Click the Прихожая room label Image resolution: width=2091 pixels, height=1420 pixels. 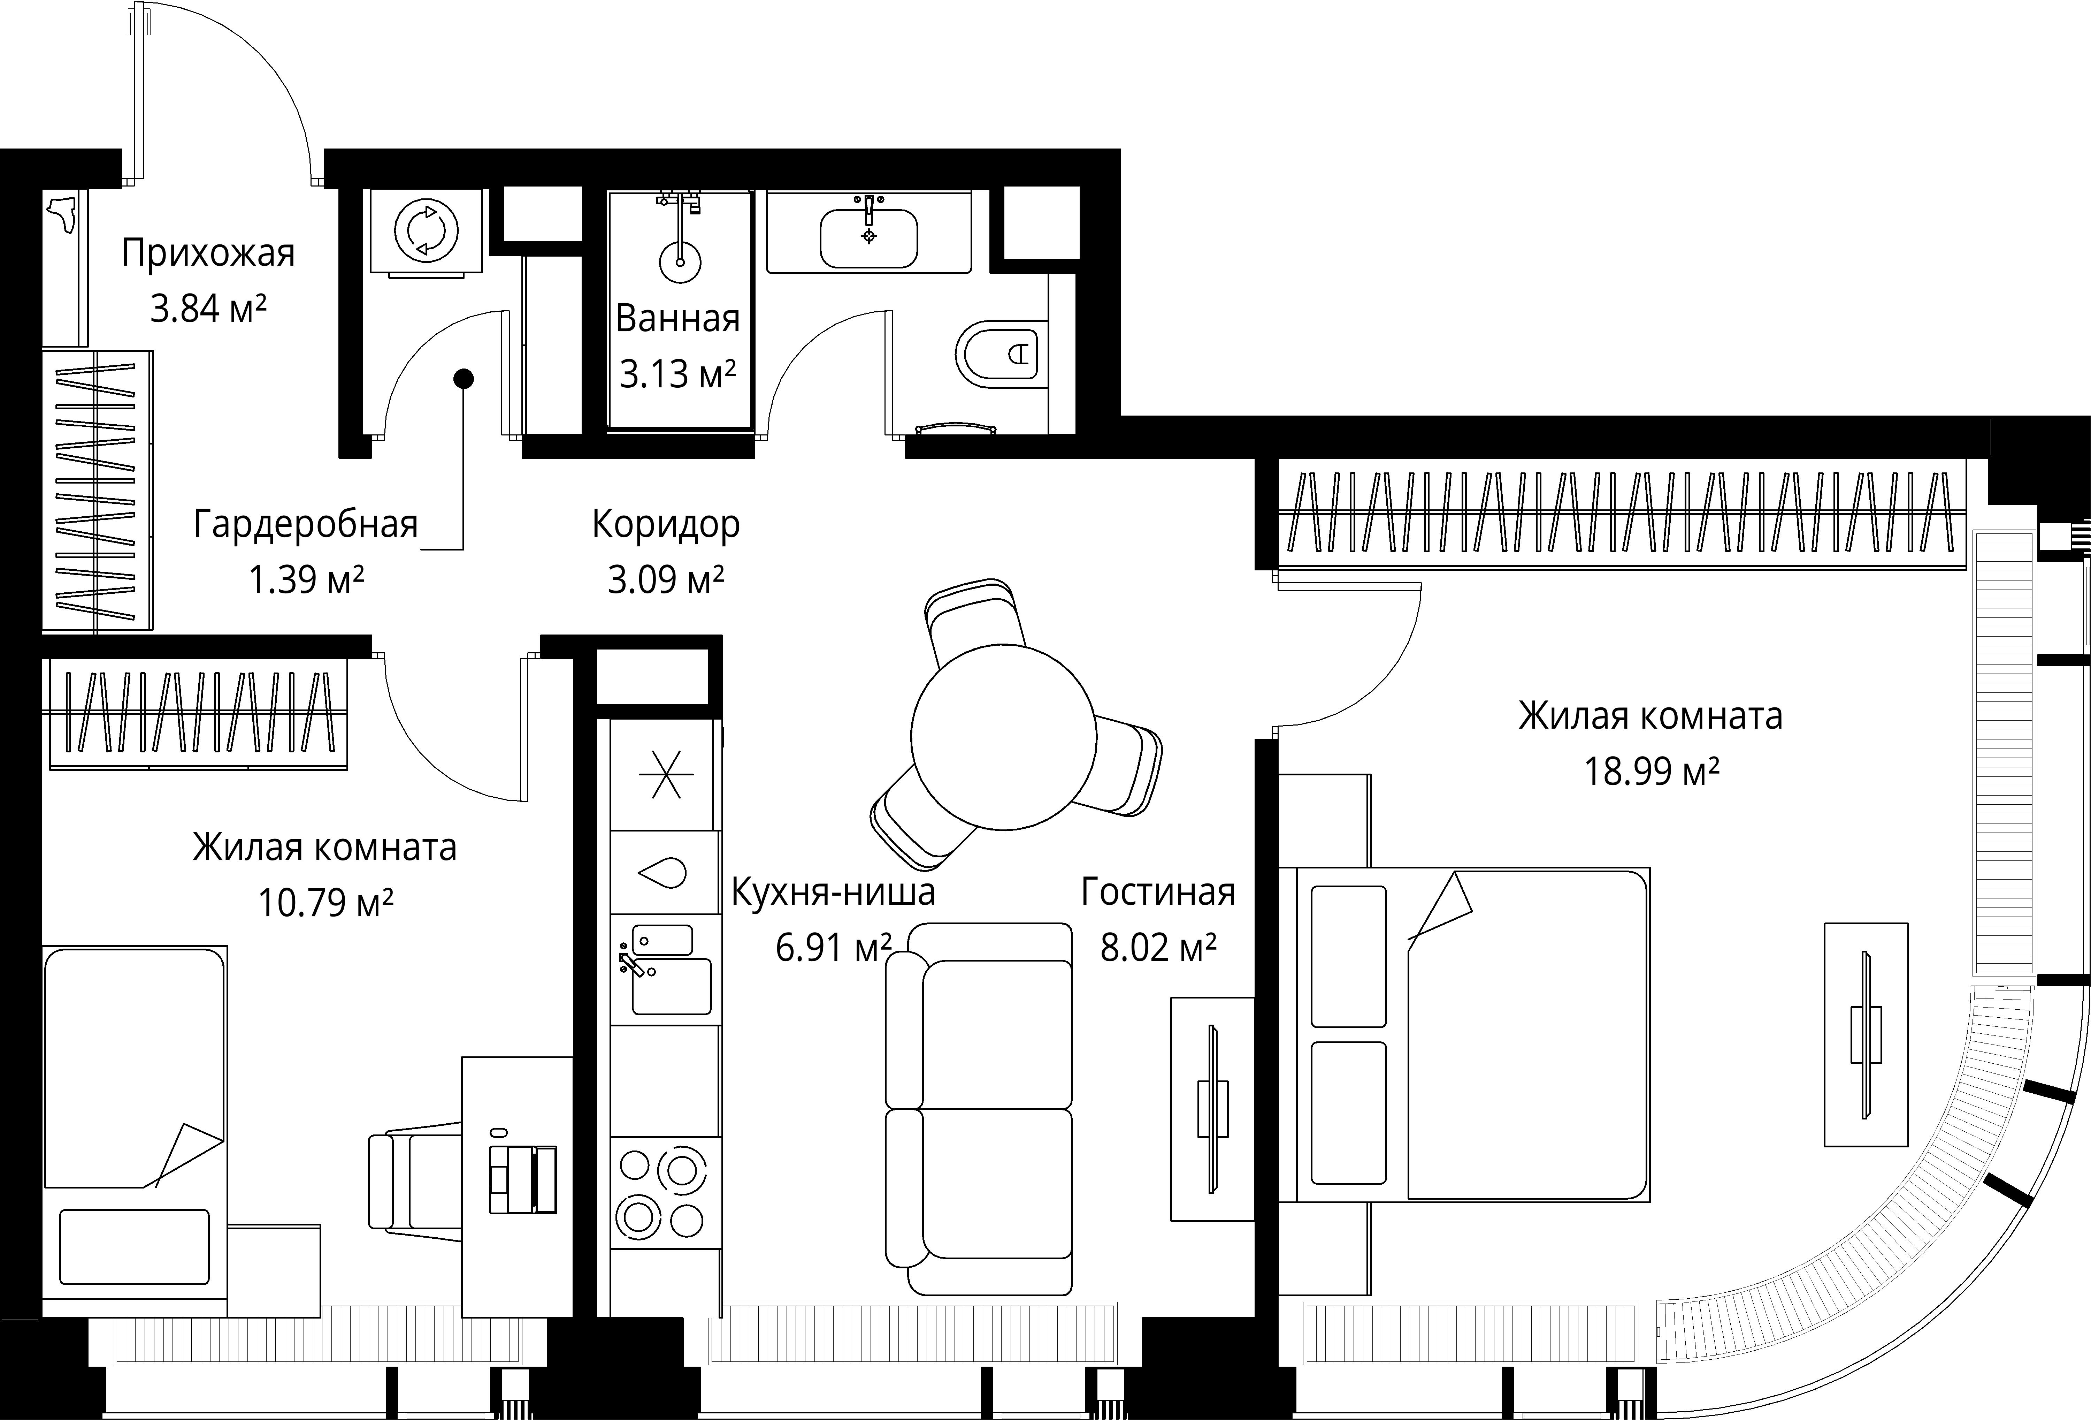click(x=208, y=254)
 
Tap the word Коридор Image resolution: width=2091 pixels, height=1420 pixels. click(x=666, y=524)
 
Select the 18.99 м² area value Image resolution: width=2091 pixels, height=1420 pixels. click(x=1651, y=771)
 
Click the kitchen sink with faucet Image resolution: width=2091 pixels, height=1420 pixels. click(x=666, y=969)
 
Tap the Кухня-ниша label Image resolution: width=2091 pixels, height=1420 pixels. click(x=833, y=892)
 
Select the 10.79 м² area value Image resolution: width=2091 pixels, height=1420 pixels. click(x=326, y=902)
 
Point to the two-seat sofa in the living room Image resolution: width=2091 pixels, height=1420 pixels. click(x=979, y=1109)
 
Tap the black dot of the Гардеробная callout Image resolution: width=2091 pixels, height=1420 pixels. click(x=464, y=379)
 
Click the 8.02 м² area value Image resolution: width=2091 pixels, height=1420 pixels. click(x=1158, y=948)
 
